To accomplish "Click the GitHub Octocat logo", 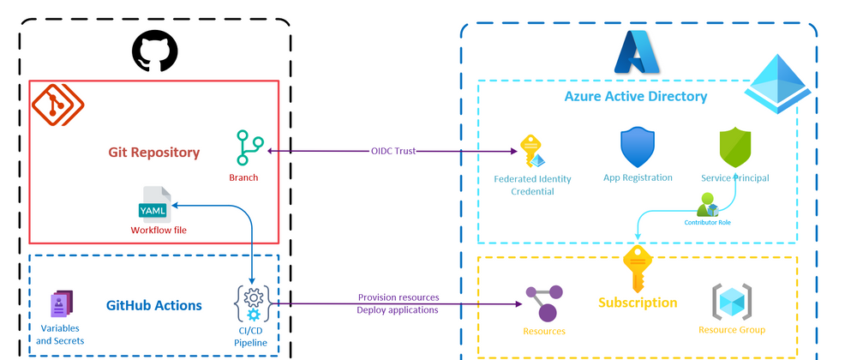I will pyautogui.click(x=154, y=51).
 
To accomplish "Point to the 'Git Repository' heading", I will pyautogui.click(x=153, y=153).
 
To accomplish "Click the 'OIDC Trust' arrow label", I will pyautogui.click(x=393, y=151).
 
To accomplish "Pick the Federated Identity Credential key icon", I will pyautogui.click(x=533, y=153).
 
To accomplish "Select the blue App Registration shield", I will pyautogui.click(x=638, y=148).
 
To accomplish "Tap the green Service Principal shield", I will pyautogui.click(x=735, y=148).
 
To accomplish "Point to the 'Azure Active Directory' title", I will pyautogui.click(x=635, y=96).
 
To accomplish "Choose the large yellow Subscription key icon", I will pyautogui.click(x=638, y=267).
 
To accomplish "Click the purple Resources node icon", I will pyautogui.click(x=544, y=303).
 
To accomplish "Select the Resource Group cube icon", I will pyautogui.click(x=732, y=302).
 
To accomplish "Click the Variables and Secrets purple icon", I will pyautogui.click(x=61, y=304).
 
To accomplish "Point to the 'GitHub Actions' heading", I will pyautogui.click(x=154, y=305).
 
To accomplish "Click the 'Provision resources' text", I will pyautogui.click(x=398, y=297).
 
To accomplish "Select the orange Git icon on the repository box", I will pyautogui.click(x=52, y=105).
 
